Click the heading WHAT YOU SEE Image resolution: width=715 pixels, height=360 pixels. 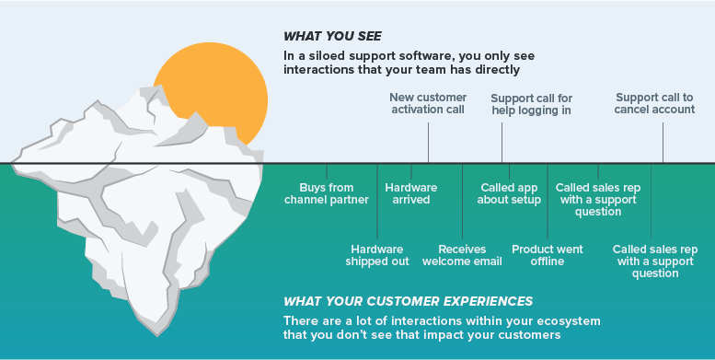(332, 37)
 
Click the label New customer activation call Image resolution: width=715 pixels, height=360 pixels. (428, 104)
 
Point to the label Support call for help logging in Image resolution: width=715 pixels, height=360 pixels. (531, 104)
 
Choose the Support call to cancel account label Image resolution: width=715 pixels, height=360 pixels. (654, 104)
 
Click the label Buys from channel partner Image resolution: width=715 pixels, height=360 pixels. (326, 193)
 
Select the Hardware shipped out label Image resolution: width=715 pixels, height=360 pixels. (377, 254)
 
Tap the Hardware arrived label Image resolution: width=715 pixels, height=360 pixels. (410, 193)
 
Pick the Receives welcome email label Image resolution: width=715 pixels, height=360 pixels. (462, 254)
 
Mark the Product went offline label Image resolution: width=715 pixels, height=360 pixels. (548, 254)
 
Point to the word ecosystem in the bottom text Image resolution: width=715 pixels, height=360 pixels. (567, 319)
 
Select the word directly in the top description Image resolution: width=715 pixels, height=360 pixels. (499, 68)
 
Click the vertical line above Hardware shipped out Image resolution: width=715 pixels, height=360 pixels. (377, 203)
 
